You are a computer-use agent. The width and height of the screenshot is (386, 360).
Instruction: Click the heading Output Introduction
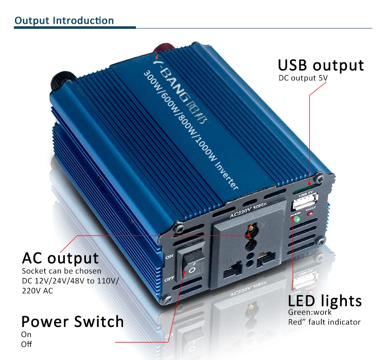tap(64, 21)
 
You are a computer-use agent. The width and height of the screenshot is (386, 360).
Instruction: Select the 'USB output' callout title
tap(321, 65)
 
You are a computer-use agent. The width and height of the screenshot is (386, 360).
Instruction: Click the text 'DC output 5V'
tap(303, 78)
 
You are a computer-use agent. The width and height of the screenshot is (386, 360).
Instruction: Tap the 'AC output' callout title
tap(60, 258)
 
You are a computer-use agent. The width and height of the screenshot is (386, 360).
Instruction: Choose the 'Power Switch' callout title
tap(73, 322)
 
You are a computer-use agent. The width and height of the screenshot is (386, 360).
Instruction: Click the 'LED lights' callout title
tap(325, 301)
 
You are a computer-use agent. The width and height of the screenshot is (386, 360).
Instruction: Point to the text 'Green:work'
tap(310, 313)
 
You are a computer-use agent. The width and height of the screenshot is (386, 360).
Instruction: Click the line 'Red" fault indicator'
tap(324, 322)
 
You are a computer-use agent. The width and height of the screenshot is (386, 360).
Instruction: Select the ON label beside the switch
tap(170, 255)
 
